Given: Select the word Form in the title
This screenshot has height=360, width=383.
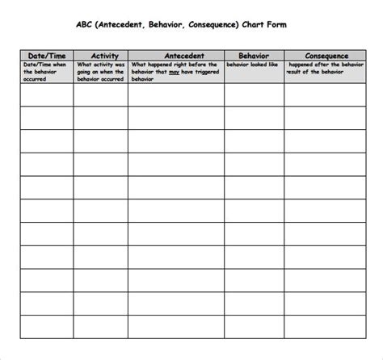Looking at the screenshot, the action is [x=276, y=25].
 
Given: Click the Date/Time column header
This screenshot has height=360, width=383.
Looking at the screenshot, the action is [x=46, y=55].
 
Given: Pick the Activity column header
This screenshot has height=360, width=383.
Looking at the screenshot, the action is [x=100, y=55].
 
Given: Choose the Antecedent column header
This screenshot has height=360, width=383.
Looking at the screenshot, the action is [x=175, y=55].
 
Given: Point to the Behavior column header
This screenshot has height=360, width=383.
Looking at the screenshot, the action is [x=254, y=55].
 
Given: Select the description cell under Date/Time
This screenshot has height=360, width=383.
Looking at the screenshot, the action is [x=46, y=72].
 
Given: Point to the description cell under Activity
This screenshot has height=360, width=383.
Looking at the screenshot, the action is [x=100, y=72].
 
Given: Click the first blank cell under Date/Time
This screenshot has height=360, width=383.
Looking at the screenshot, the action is [x=46, y=95].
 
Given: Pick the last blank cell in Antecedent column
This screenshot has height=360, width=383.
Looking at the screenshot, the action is [x=175, y=328].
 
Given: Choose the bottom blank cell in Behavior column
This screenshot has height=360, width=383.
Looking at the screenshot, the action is [x=254, y=328].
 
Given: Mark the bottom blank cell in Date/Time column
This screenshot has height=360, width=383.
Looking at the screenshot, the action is [x=46, y=328].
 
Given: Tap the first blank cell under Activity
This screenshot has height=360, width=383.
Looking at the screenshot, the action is [x=100, y=95].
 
